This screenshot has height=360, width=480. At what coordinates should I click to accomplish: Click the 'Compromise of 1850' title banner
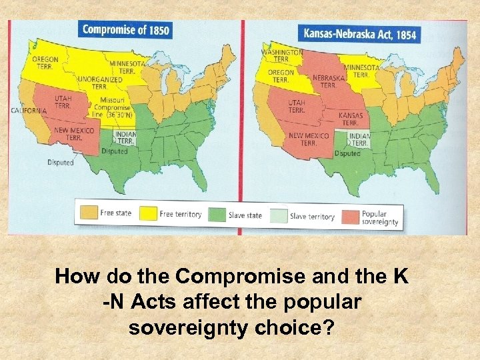pos(125,29)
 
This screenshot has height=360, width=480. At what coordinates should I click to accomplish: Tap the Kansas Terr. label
pos(350,119)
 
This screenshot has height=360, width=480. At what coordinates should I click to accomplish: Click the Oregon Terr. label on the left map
pos(45,64)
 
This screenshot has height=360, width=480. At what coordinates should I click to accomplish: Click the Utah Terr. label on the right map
pos(297,107)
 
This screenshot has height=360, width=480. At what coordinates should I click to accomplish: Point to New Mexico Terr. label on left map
pos(69,133)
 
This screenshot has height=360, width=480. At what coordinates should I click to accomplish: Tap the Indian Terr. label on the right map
pos(359,140)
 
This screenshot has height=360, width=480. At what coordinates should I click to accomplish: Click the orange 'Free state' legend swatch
pos(88,213)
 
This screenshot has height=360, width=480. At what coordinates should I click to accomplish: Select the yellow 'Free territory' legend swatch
pos(148,213)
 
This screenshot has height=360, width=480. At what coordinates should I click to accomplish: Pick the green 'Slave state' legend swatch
pos(218,214)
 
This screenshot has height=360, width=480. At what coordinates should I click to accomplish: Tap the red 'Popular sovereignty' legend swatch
pos(350,217)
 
